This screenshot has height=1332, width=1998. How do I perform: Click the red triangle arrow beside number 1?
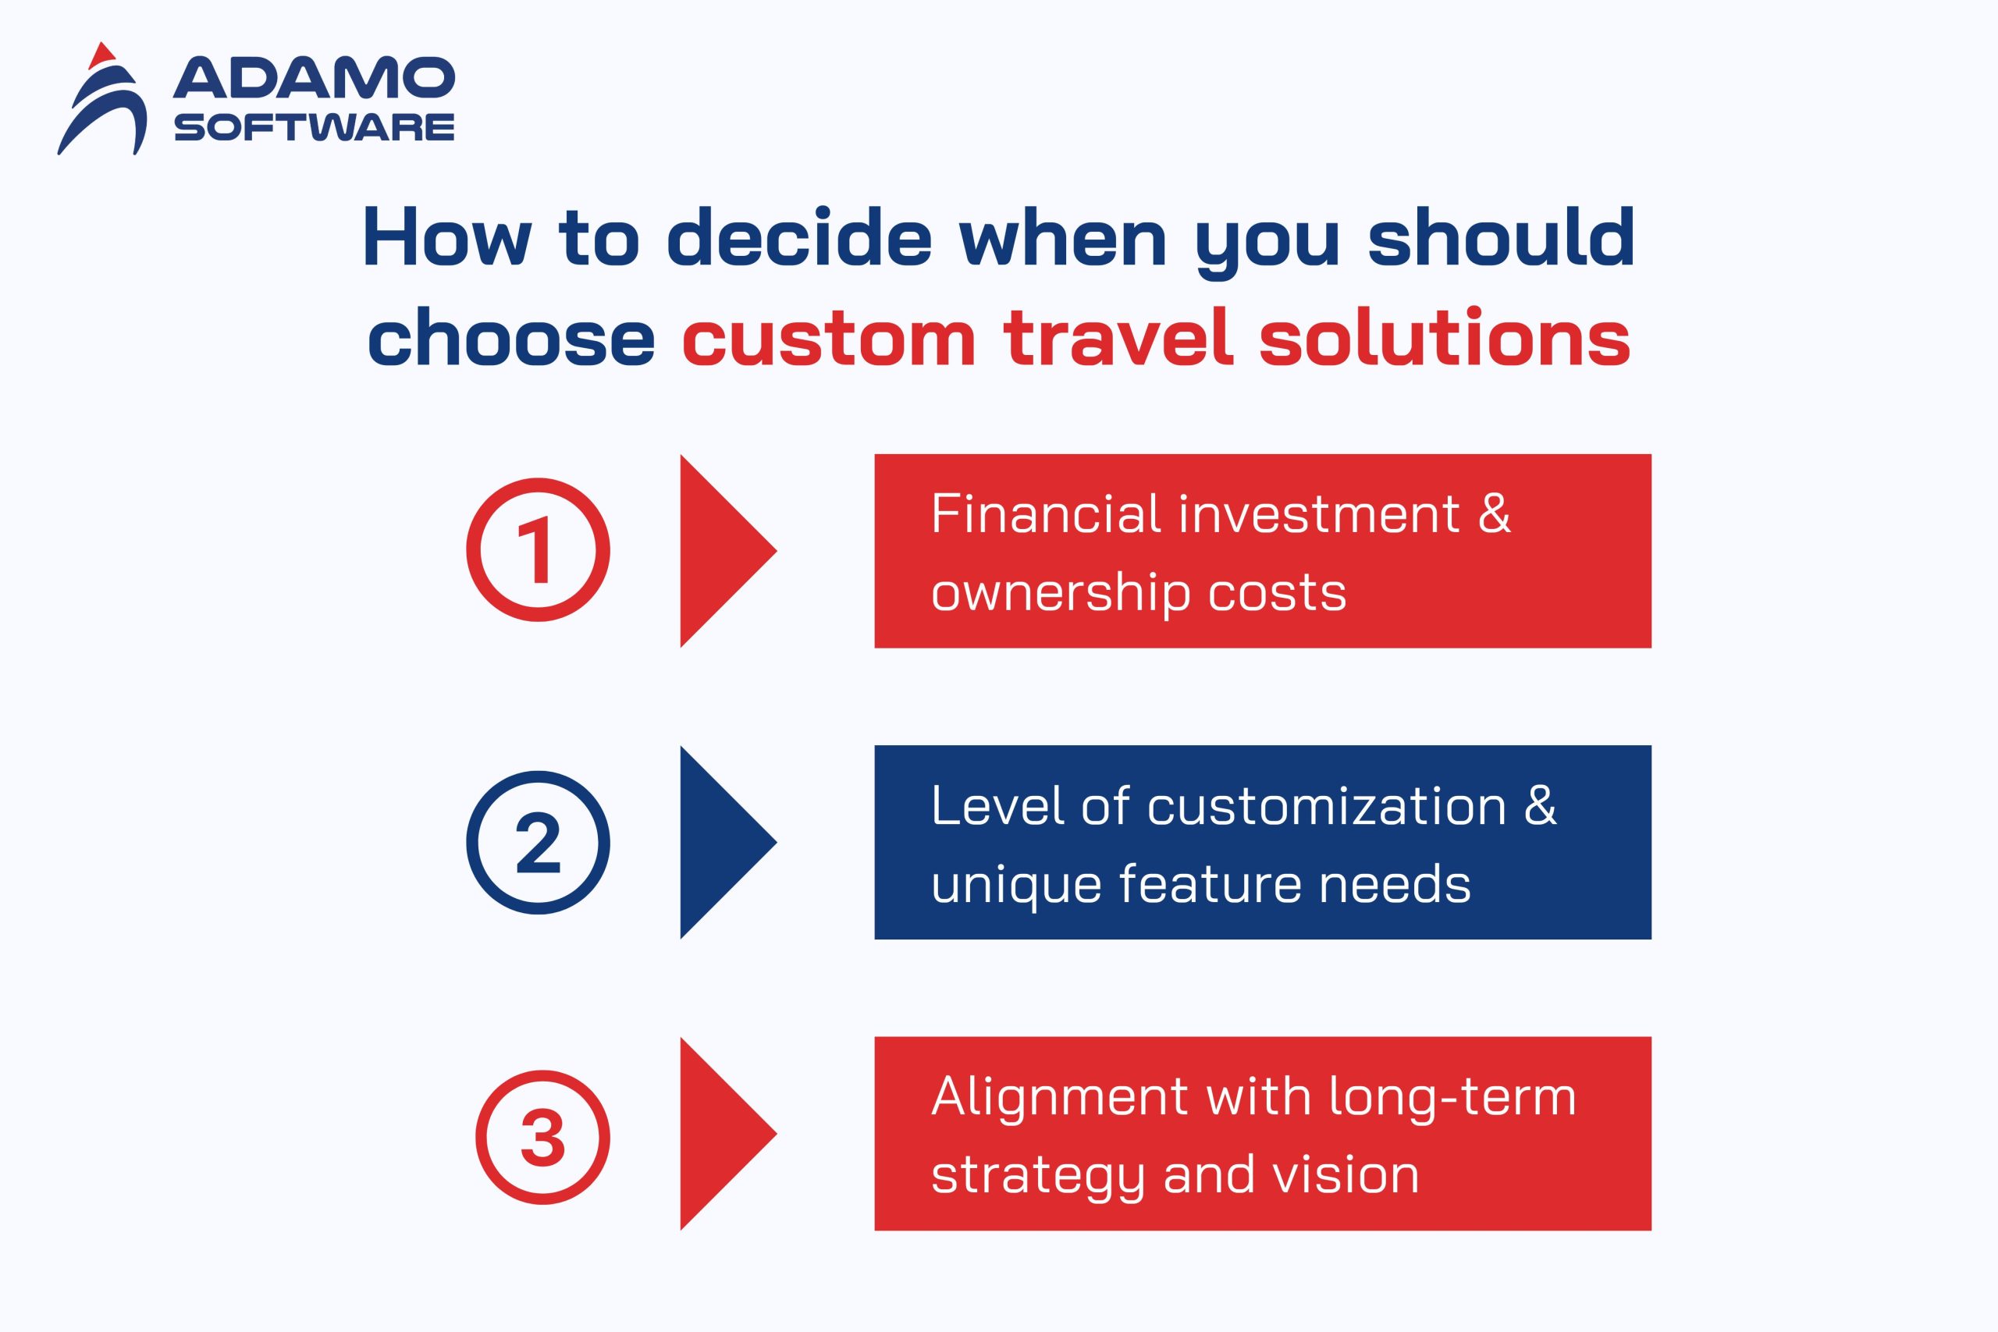[x=728, y=550]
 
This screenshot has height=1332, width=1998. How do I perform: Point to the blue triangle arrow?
[x=728, y=842]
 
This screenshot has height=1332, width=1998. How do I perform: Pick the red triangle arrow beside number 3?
[x=728, y=1133]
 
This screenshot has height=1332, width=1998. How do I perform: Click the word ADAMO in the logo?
[x=315, y=78]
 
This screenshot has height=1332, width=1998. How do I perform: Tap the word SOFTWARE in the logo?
[x=315, y=127]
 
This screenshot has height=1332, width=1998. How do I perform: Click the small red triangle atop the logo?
[x=102, y=55]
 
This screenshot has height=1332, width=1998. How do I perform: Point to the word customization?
[x=1326, y=805]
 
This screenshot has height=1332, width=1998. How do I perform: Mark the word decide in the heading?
[x=799, y=237]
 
